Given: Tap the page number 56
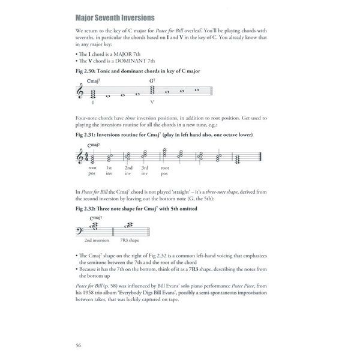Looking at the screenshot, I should click(x=79, y=344).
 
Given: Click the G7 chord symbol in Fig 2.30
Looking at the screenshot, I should click(x=152, y=81).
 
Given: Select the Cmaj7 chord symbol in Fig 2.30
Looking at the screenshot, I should click(x=94, y=81).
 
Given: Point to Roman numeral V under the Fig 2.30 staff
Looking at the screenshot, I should click(x=152, y=102).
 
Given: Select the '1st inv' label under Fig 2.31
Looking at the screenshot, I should click(x=109, y=172).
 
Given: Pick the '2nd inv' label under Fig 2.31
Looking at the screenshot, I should click(x=128, y=172).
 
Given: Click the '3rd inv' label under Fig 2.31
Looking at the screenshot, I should click(x=145, y=172).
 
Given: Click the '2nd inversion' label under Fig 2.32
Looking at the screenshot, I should click(x=96, y=239).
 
